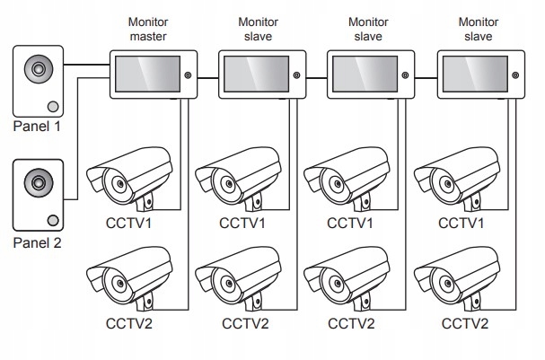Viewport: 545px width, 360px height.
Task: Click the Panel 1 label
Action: pyautogui.click(x=37, y=127)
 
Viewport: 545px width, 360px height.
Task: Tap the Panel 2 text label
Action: pyautogui.click(x=37, y=242)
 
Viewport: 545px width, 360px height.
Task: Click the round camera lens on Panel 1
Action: pyautogui.click(x=40, y=68)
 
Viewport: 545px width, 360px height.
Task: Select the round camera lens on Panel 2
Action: pyautogui.click(x=40, y=182)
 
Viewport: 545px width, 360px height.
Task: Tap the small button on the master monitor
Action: pyautogui.click(x=188, y=77)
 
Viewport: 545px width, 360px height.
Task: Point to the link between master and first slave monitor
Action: pyautogui.click(x=207, y=77)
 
